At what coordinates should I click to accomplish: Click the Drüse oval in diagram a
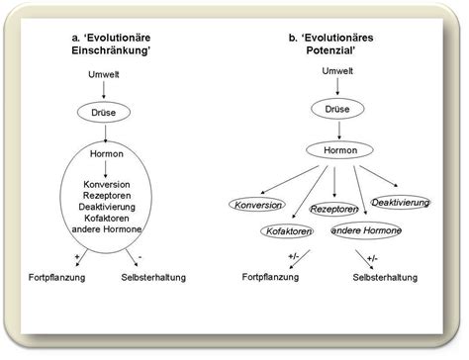(x=104, y=112)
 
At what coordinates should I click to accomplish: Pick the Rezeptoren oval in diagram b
(x=333, y=209)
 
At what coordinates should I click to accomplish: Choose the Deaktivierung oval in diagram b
(x=400, y=202)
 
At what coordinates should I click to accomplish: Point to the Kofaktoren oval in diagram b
(x=287, y=230)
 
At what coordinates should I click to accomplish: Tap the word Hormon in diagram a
(x=104, y=154)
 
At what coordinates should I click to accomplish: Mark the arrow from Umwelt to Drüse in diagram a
(x=104, y=92)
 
